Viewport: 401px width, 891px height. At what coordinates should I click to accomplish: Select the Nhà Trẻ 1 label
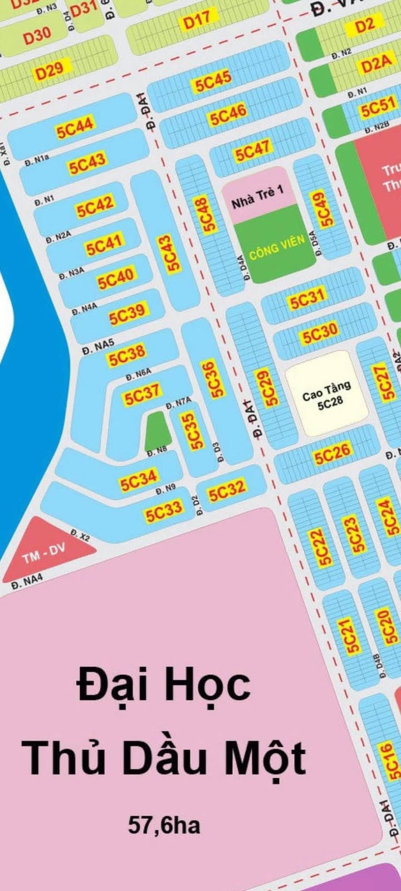pyautogui.click(x=258, y=197)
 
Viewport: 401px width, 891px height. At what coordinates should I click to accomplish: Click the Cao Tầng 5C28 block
pyautogui.click(x=327, y=394)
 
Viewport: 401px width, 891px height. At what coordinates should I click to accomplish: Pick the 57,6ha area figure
pyautogui.click(x=164, y=825)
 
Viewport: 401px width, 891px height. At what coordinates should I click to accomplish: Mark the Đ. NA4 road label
pyautogui.click(x=27, y=581)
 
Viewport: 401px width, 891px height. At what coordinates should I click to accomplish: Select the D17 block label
pyautogui.click(x=197, y=21)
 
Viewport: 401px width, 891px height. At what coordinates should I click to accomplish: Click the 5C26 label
pyautogui.click(x=332, y=455)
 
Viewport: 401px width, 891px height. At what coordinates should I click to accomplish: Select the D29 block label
pyautogui.click(x=50, y=71)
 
